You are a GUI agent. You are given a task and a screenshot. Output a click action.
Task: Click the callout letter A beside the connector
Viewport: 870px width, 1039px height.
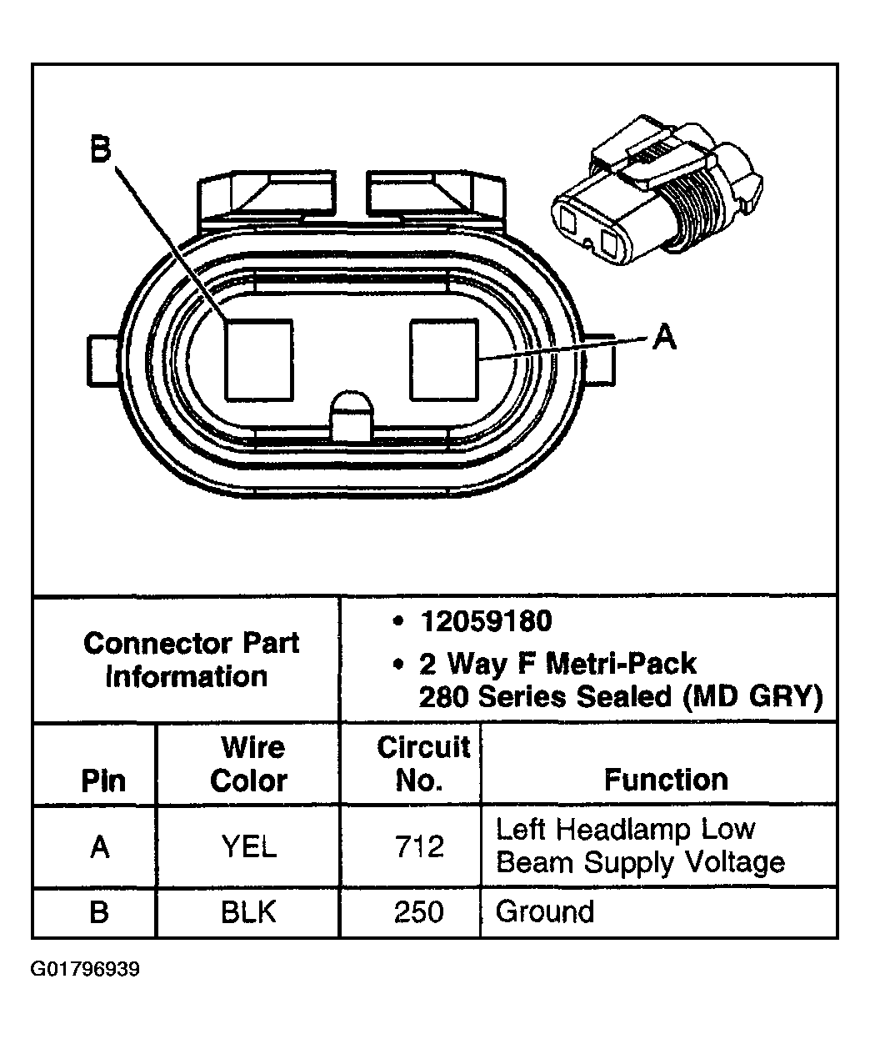663,338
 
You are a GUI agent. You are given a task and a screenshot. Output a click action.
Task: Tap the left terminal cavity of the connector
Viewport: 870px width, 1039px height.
258,359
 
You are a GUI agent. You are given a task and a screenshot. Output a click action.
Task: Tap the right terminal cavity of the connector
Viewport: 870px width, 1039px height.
444,359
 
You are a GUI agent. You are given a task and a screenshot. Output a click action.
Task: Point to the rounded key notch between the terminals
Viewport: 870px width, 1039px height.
352,414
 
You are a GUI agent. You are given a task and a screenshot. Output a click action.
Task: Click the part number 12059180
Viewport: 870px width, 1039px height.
486,621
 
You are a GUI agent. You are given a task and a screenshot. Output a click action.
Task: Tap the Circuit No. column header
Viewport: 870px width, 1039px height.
423,764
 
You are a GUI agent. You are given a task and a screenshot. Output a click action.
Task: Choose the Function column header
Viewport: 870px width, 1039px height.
665,780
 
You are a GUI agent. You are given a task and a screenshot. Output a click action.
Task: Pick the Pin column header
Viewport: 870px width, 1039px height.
103,781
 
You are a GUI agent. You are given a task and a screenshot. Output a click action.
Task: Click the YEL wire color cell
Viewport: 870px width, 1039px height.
248,847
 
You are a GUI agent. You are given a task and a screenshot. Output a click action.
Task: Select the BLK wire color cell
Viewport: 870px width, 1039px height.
248,912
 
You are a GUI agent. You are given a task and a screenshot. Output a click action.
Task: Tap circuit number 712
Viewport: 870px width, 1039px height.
418,847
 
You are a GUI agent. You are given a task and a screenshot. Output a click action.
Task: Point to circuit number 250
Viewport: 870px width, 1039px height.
418,912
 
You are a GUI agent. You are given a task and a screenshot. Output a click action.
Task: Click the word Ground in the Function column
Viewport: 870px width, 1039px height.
545,911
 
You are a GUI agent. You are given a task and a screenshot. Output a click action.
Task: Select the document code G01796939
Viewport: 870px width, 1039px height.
85,970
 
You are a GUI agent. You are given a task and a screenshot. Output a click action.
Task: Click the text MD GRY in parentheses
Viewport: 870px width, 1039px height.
752,696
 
